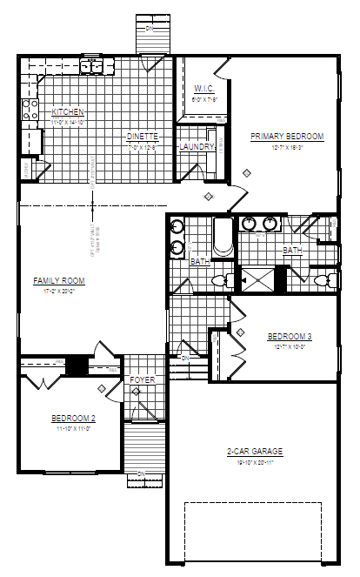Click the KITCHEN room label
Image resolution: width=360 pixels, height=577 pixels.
click(67, 112)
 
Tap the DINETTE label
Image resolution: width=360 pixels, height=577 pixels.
click(141, 137)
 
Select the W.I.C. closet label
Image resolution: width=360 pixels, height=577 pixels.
click(204, 89)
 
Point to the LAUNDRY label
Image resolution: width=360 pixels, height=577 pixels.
click(197, 147)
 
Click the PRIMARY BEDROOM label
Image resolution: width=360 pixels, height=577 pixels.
click(287, 137)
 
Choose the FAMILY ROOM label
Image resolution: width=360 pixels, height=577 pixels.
click(58, 280)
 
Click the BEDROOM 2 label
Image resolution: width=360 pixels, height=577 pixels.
click(72, 419)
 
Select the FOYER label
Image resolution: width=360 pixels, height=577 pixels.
click(143, 380)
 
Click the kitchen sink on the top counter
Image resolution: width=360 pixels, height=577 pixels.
click(92, 66)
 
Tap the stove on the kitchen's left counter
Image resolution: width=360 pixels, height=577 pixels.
click(30, 110)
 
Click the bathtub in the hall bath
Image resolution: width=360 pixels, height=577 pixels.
click(223, 237)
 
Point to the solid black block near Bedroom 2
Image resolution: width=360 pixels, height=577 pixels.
click(78, 366)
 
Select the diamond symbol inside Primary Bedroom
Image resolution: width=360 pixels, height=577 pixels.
click(247, 173)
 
